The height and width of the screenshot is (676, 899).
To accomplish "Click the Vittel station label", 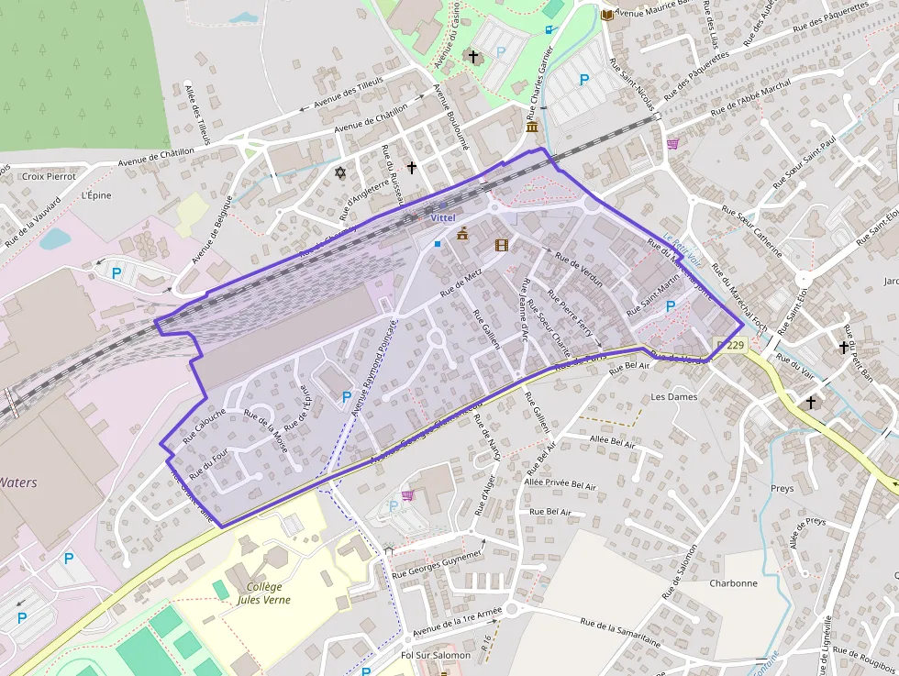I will coord(442,217).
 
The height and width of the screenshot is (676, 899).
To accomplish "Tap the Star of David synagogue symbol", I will coord(340,172).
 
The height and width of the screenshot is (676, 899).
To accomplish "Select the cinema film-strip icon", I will coord(501,245).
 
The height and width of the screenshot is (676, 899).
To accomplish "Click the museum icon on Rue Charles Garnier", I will coord(532,127).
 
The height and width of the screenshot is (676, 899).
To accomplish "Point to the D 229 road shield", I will coord(728,344).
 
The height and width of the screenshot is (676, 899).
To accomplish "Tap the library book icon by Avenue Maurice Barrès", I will coord(606,15).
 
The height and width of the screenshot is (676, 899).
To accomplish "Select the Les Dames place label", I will coord(673,397).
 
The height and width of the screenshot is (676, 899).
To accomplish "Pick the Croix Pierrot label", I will coord(49,176).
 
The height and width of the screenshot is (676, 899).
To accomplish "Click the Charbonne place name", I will coord(733,583).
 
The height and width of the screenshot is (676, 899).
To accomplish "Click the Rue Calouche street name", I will coord(204,427).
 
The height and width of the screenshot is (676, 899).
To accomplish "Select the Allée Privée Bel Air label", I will coord(560,482).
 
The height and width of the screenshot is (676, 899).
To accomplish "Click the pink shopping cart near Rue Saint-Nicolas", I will coord(673,143).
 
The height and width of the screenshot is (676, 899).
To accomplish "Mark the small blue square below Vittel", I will coord(438,243).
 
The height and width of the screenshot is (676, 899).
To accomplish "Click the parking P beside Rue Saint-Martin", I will coord(670,306).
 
